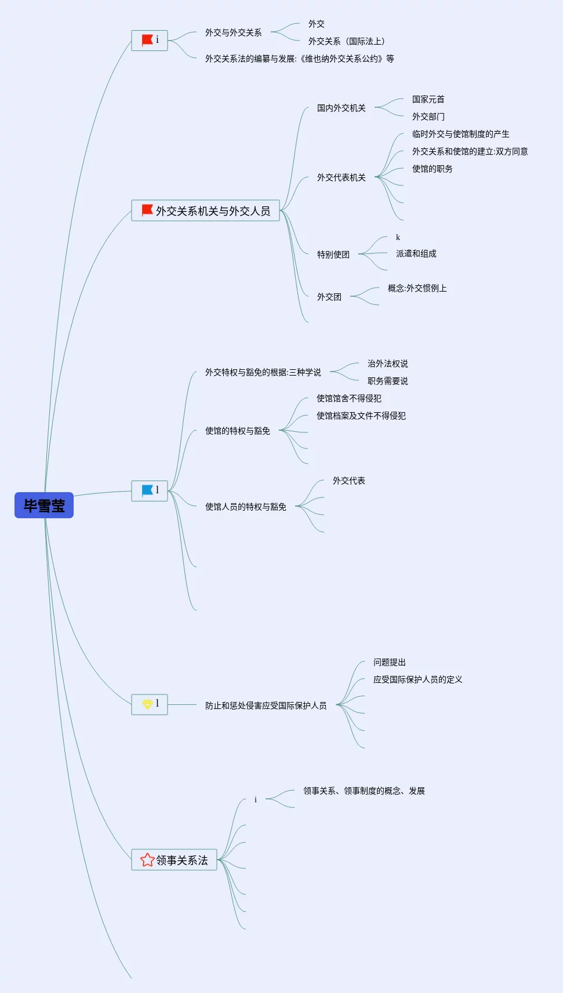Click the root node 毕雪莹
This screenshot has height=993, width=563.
(x=44, y=505)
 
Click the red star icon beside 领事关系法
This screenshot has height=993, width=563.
(x=147, y=860)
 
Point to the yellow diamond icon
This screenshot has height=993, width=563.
(x=147, y=704)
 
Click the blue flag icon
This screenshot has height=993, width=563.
(x=147, y=490)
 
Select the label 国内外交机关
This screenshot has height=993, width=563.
(x=341, y=108)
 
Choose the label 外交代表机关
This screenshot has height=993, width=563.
(x=341, y=177)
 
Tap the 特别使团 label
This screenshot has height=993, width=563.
(x=333, y=254)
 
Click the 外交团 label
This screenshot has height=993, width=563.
(x=329, y=297)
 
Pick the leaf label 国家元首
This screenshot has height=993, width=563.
(x=428, y=99)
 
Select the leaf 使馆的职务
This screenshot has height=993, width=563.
(x=432, y=169)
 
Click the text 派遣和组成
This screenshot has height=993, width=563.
(x=416, y=253)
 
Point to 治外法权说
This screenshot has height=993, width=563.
(x=387, y=363)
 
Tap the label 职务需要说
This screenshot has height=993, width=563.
(x=387, y=381)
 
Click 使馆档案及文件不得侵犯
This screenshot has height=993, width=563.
(x=361, y=416)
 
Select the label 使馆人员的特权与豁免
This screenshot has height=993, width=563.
(x=245, y=507)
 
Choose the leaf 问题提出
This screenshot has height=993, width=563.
(x=389, y=662)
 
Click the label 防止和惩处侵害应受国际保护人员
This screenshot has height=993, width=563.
(x=266, y=705)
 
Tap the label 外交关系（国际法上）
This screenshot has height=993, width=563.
(x=346, y=41)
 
